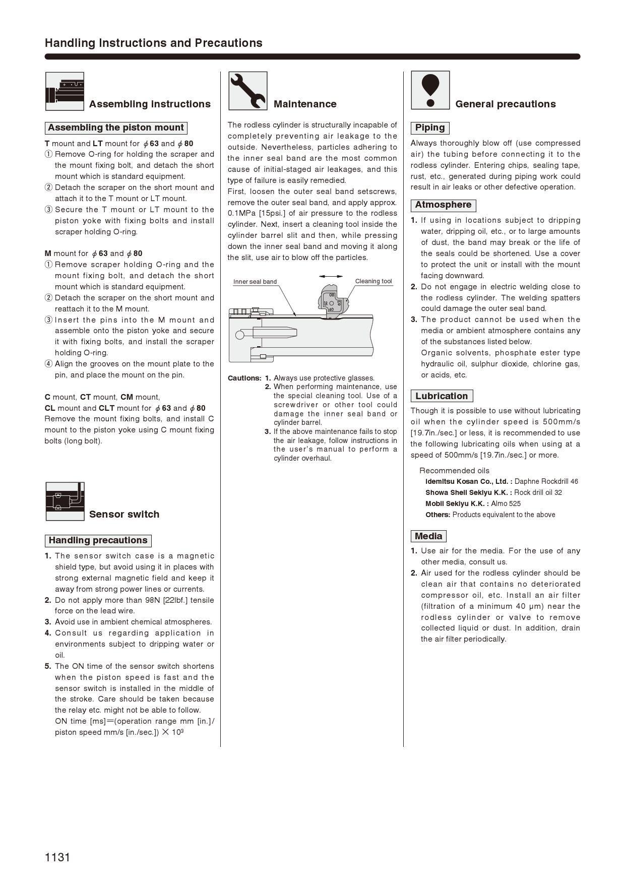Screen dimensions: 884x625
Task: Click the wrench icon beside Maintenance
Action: pos(247,91)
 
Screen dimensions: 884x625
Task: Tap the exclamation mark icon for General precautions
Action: pos(430,90)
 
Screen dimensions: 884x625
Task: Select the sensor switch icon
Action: pos(65,501)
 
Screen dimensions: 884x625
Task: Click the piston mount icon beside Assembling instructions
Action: pos(65,91)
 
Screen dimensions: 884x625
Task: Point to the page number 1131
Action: pos(57,857)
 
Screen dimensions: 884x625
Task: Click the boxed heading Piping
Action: pos(430,128)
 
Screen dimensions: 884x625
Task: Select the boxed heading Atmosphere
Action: pos(443,205)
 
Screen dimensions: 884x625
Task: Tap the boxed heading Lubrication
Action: pos(442,396)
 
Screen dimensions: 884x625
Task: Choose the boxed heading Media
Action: pos(428,536)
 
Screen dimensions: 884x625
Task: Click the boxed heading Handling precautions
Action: pos(98,540)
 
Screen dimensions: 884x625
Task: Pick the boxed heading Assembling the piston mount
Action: pos(116,128)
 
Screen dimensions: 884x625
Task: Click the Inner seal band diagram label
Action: pos(255,282)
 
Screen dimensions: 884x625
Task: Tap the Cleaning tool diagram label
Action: pos(373,281)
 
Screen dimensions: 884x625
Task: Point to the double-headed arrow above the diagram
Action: pos(331,276)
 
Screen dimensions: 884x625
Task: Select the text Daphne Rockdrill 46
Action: pos(546,481)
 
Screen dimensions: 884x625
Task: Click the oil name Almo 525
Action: pos(506,503)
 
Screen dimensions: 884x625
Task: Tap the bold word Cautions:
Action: pos(244,378)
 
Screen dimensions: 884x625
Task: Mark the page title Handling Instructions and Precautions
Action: pos(154,43)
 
